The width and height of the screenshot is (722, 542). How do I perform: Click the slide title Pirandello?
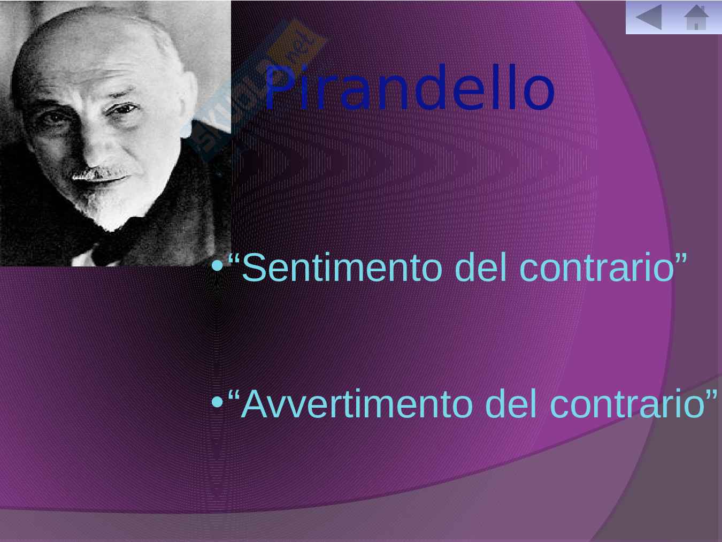coord(410,87)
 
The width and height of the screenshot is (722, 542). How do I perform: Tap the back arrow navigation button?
coord(649,17)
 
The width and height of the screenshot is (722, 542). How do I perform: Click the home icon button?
coord(696,17)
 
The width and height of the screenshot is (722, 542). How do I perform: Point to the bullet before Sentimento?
coord(218,266)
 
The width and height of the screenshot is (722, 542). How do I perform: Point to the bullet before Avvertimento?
coord(218,402)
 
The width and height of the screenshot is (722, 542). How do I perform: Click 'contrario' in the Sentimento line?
coord(597,267)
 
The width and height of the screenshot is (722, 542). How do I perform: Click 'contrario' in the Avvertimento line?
coord(627,403)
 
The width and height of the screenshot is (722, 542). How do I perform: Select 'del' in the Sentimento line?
coord(481,267)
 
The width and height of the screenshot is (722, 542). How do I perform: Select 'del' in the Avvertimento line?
coord(511,403)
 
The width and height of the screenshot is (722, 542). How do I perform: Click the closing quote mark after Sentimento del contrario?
coord(681,258)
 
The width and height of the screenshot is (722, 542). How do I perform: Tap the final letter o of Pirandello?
coord(539,94)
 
